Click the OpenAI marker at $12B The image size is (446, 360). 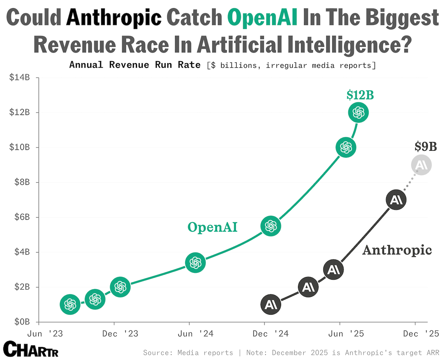pos(358,112)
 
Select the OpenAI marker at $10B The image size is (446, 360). pos(346,147)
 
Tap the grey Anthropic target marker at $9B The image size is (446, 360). pos(421,165)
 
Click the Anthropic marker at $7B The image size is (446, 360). pos(396,200)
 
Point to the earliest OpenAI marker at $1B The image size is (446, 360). pos(70,305)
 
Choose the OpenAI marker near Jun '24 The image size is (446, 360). pos(195,263)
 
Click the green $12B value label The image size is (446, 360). pos(360,96)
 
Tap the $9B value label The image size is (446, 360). pos(426,147)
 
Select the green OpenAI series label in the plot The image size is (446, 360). pos(212,227)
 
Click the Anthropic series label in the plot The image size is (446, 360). pos(397,250)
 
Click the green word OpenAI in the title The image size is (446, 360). pos(262,17)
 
